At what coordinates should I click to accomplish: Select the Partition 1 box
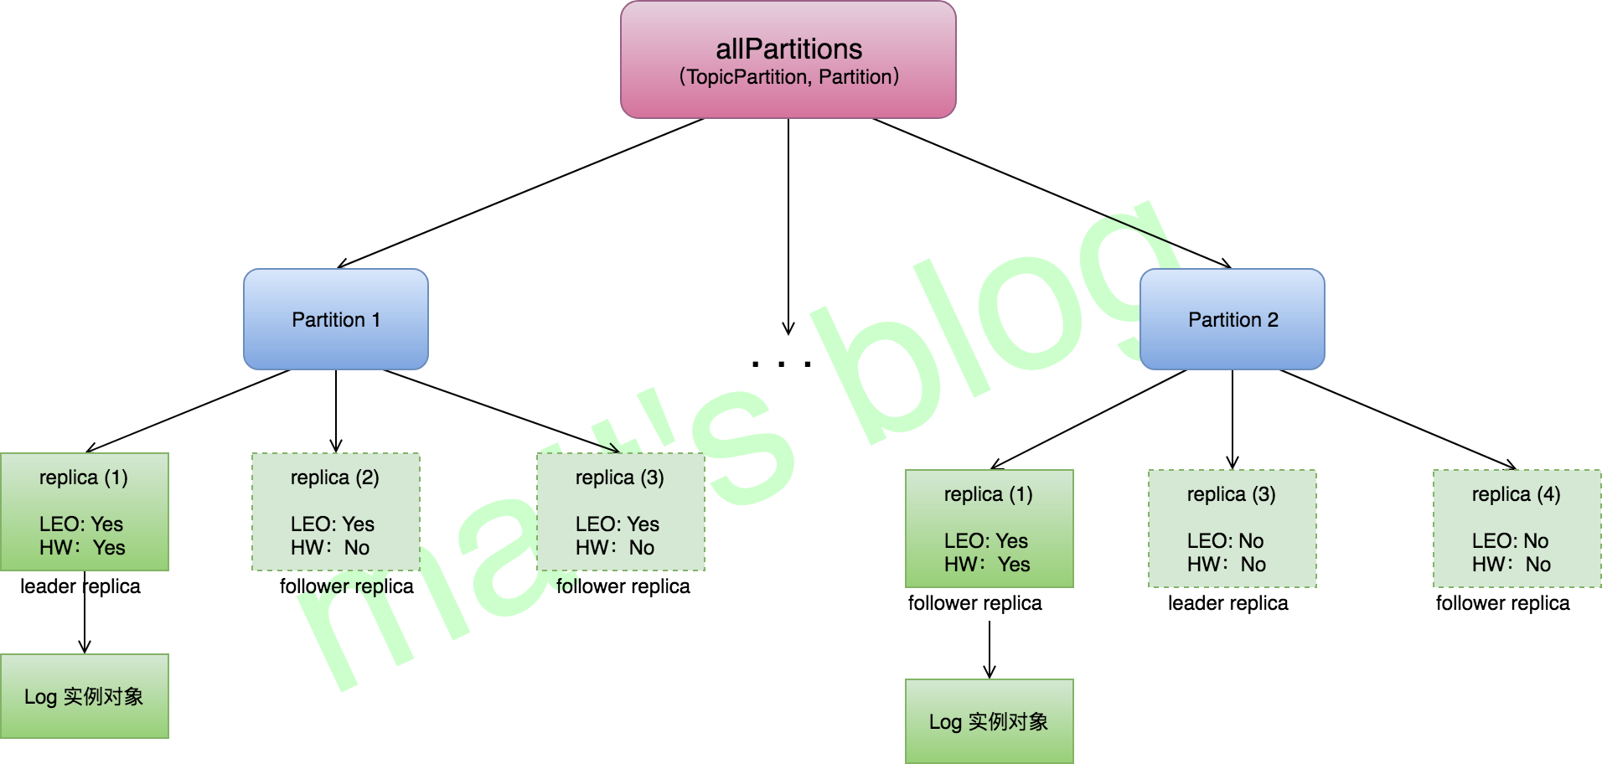(335, 319)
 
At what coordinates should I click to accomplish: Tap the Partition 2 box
(1232, 319)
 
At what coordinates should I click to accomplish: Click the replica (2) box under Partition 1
(335, 512)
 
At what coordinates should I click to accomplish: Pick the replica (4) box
(1517, 529)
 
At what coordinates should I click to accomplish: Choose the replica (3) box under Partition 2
(1232, 529)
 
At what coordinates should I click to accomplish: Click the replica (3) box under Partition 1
(620, 512)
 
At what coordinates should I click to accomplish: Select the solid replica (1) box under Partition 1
(84, 512)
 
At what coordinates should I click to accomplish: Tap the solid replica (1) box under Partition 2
(989, 529)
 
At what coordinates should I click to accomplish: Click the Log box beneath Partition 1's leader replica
(84, 696)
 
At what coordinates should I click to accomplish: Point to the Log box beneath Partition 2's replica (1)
(989, 721)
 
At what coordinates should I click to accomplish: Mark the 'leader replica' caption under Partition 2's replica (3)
(1227, 603)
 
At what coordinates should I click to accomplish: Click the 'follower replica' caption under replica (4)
(1502, 603)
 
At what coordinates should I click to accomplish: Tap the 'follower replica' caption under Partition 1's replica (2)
(346, 586)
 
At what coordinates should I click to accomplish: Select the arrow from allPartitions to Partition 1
(519, 194)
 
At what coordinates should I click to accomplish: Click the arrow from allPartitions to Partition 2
(1052, 194)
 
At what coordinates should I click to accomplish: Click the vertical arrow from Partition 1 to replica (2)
(336, 410)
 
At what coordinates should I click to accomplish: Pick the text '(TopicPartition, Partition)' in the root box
(788, 77)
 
